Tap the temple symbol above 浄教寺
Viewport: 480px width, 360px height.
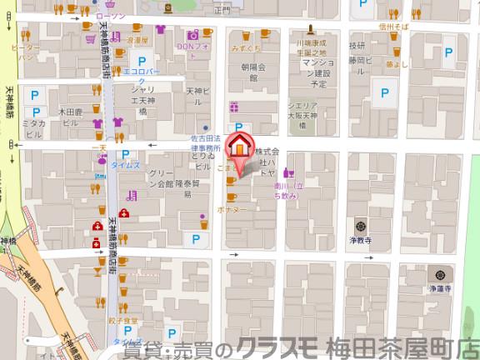[x=359, y=224]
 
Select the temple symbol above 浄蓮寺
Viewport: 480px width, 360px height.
[x=439, y=274]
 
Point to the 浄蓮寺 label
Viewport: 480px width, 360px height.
[x=440, y=287]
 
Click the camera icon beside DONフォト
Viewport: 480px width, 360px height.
[x=193, y=34]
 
